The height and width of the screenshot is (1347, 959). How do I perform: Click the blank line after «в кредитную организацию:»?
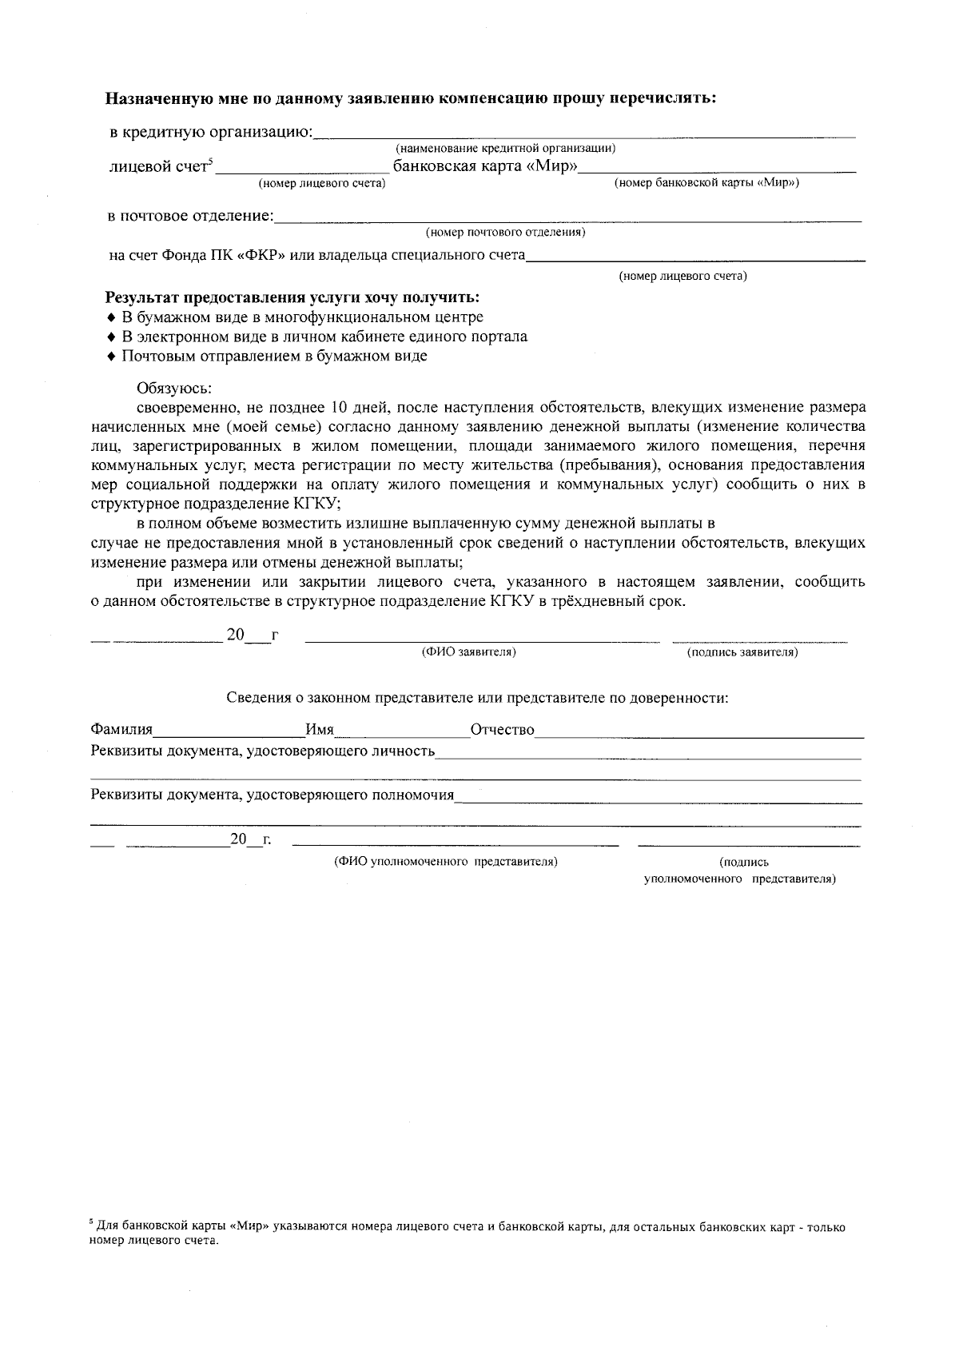(x=583, y=134)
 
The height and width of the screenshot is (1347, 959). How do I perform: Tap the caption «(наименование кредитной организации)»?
(x=505, y=149)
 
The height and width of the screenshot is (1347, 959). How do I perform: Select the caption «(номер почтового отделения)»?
(x=505, y=233)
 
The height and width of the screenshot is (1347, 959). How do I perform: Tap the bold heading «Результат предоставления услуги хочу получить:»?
(x=292, y=298)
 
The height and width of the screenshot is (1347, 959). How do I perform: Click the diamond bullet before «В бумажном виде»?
(x=112, y=318)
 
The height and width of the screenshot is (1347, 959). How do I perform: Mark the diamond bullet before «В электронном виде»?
(x=112, y=337)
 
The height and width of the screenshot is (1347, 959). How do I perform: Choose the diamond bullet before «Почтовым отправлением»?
(x=112, y=357)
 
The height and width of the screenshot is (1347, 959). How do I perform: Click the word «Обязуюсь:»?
(x=174, y=389)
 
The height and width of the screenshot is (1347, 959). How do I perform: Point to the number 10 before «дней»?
(x=339, y=408)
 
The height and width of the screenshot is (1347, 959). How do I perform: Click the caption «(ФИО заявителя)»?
(x=469, y=652)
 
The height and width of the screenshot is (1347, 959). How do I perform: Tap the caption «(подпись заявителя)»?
(x=742, y=652)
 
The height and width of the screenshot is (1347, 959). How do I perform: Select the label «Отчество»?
(x=502, y=730)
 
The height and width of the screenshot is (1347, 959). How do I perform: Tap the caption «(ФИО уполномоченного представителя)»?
(x=445, y=862)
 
